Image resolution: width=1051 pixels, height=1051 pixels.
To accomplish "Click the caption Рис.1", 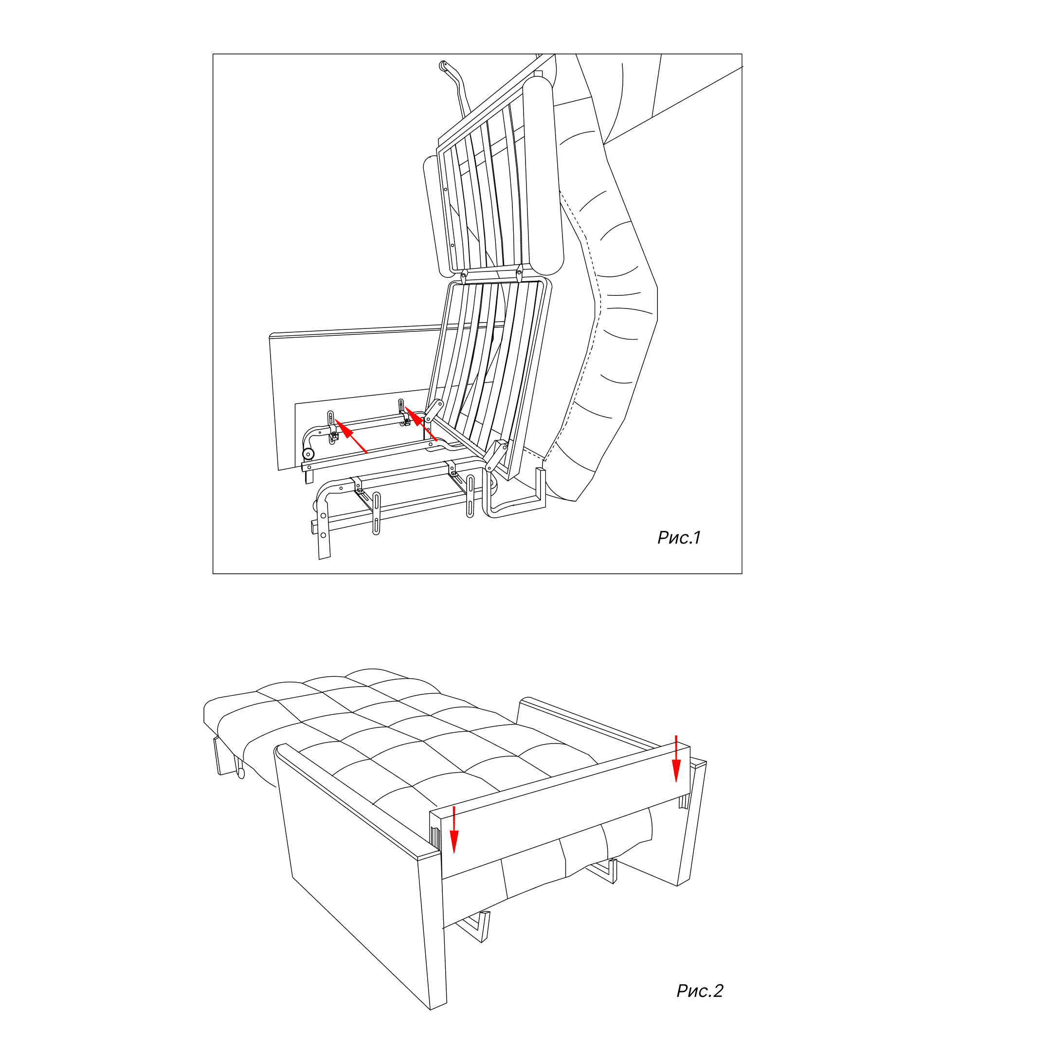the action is (679, 538).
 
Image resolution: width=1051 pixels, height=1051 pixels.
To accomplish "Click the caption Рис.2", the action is (700, 991).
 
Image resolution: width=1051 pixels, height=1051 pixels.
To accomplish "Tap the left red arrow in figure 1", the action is (350, 436).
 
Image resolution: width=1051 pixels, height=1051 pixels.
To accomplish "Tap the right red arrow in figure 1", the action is (421, 424).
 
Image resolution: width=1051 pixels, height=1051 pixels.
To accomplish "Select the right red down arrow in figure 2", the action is (676, 759).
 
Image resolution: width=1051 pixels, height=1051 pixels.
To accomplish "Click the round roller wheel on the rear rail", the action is (308, 454).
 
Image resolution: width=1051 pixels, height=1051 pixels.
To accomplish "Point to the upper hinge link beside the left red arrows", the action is (434, 411).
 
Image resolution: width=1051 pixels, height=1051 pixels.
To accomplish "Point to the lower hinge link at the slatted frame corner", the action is (496, 456).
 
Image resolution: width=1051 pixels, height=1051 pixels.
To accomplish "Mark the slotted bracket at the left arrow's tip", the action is (331, 427).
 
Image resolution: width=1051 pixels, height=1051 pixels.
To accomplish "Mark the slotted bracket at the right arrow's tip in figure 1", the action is (403, 412).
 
